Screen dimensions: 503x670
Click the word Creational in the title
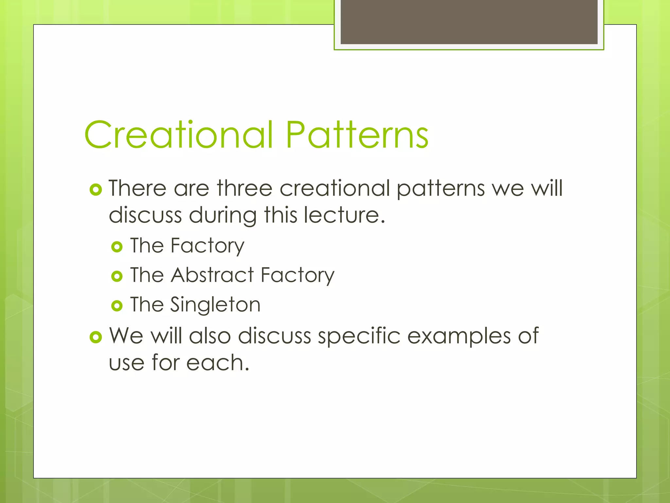(x=178, y=135)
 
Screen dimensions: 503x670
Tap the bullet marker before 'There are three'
(x=96, y=189)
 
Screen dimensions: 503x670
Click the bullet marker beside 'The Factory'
(x=117, y=247)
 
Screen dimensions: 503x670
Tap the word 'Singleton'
(x=215, y=305)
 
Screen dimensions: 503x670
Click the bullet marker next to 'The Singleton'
(x=117, y=306)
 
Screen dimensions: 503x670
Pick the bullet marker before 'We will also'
(x=96, y=337)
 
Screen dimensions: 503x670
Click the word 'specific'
(x=359, y=336)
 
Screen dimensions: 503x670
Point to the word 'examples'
(x=459, y=336)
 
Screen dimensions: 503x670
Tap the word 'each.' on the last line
(x=218, y=363)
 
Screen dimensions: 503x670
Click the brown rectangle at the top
(x=469, y=22)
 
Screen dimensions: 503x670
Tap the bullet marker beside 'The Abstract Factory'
(x=117, y=276)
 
